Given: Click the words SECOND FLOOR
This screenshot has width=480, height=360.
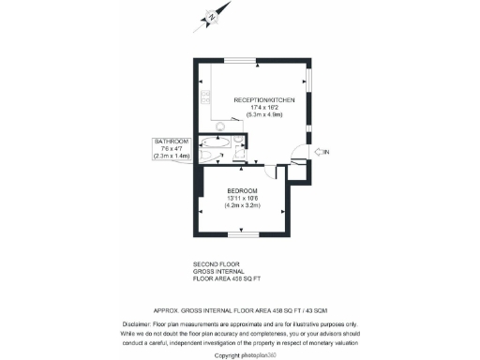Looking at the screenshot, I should click(x=212, y=264).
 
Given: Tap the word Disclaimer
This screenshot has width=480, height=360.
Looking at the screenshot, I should click(x=139, y=323).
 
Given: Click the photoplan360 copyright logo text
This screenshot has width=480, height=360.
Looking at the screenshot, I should click(x=250, y=355).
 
